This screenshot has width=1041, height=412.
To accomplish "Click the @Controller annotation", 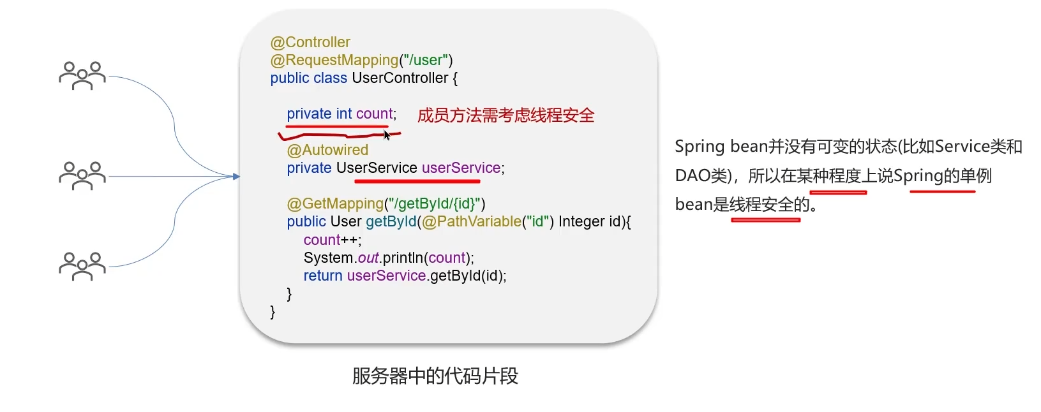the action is pyautogui.click(x=310, y=42).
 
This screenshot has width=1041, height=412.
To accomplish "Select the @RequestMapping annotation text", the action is pyautogui.click(x=334, y=61).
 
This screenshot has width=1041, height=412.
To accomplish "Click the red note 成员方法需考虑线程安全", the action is pyautogui.click(x=506, y=115).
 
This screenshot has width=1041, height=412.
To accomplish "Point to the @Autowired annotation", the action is pyautogui.click(x=327, y=150).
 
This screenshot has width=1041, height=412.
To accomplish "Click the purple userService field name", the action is pyautogui.click(x=461, y=168).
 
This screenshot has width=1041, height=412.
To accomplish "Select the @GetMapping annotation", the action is pyautogui.click(x=335, y=204).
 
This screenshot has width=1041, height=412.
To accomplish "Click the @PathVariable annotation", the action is pyautogui.click(x=471, y=221).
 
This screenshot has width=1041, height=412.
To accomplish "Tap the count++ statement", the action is pyautogui.click(x=333, y=240).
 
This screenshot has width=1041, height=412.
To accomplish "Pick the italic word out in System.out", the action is pyautogui.click(x=368, y=258).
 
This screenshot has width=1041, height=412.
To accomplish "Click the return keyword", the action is pyautogui.click(x=323, y=276).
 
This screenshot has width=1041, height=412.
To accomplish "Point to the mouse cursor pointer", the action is pyautogui.click(x=387, y=135).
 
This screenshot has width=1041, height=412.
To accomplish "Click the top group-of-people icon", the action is pyautogui.click(x=82, y=76).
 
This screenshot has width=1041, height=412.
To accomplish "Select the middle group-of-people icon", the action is pyautogui.click(x=82, y=175).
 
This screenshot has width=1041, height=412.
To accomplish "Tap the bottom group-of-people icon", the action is pyautogui.click(x=82, y=266).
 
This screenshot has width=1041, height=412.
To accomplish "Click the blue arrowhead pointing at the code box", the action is pyautogui.click(x=237, y=177).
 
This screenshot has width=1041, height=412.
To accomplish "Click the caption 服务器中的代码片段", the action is pyautogui.click(x=435, y=376).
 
